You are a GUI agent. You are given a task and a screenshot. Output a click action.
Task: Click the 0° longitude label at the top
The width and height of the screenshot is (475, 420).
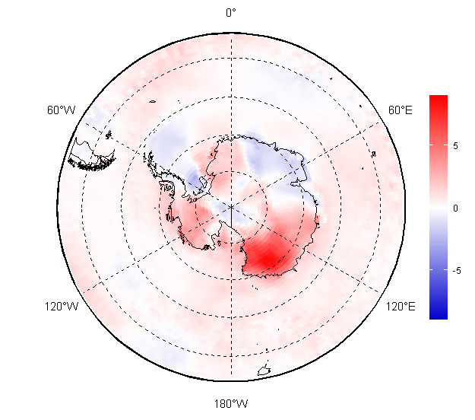coord(231,13)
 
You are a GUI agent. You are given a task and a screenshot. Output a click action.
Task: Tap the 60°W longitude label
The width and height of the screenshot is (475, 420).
coord(61,110)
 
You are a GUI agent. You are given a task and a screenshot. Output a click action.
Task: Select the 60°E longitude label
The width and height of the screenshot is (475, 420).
coord(401,110)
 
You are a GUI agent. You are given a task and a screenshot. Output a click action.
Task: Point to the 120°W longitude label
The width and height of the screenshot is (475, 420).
coord(62,307)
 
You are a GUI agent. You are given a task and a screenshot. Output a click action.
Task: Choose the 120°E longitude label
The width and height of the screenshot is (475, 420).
coord(401,307)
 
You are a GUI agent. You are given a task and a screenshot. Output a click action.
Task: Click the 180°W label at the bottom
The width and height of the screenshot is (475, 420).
coord(231,404)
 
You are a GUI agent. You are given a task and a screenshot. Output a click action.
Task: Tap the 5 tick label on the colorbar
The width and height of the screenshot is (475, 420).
coord(455,146)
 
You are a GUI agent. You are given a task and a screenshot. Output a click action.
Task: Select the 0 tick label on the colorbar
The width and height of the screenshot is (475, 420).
coord(455,208)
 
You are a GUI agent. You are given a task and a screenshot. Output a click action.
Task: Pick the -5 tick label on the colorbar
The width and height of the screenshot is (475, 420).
coord(457,270)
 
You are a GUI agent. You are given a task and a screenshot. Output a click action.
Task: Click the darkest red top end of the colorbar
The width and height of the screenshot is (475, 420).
coord(439,97)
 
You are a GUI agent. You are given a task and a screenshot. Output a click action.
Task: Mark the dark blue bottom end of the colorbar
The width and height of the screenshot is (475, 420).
coord(439,317)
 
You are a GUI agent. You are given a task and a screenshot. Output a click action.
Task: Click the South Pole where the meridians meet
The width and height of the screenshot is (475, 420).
coord(232,207)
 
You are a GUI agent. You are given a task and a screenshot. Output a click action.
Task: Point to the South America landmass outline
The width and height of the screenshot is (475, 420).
coord(91,155)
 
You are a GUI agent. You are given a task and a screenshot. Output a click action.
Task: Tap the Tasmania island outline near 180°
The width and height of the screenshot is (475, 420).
coord(264,371)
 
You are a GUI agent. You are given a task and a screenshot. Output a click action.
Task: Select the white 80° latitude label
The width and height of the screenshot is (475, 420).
coord(239,239)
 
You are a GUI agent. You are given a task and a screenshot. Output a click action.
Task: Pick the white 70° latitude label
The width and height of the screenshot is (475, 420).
coord(239,275)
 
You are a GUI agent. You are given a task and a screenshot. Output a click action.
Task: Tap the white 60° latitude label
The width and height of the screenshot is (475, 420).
coord(239,313)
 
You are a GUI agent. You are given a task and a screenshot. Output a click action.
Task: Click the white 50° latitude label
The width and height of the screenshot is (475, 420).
coord(239,352)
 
